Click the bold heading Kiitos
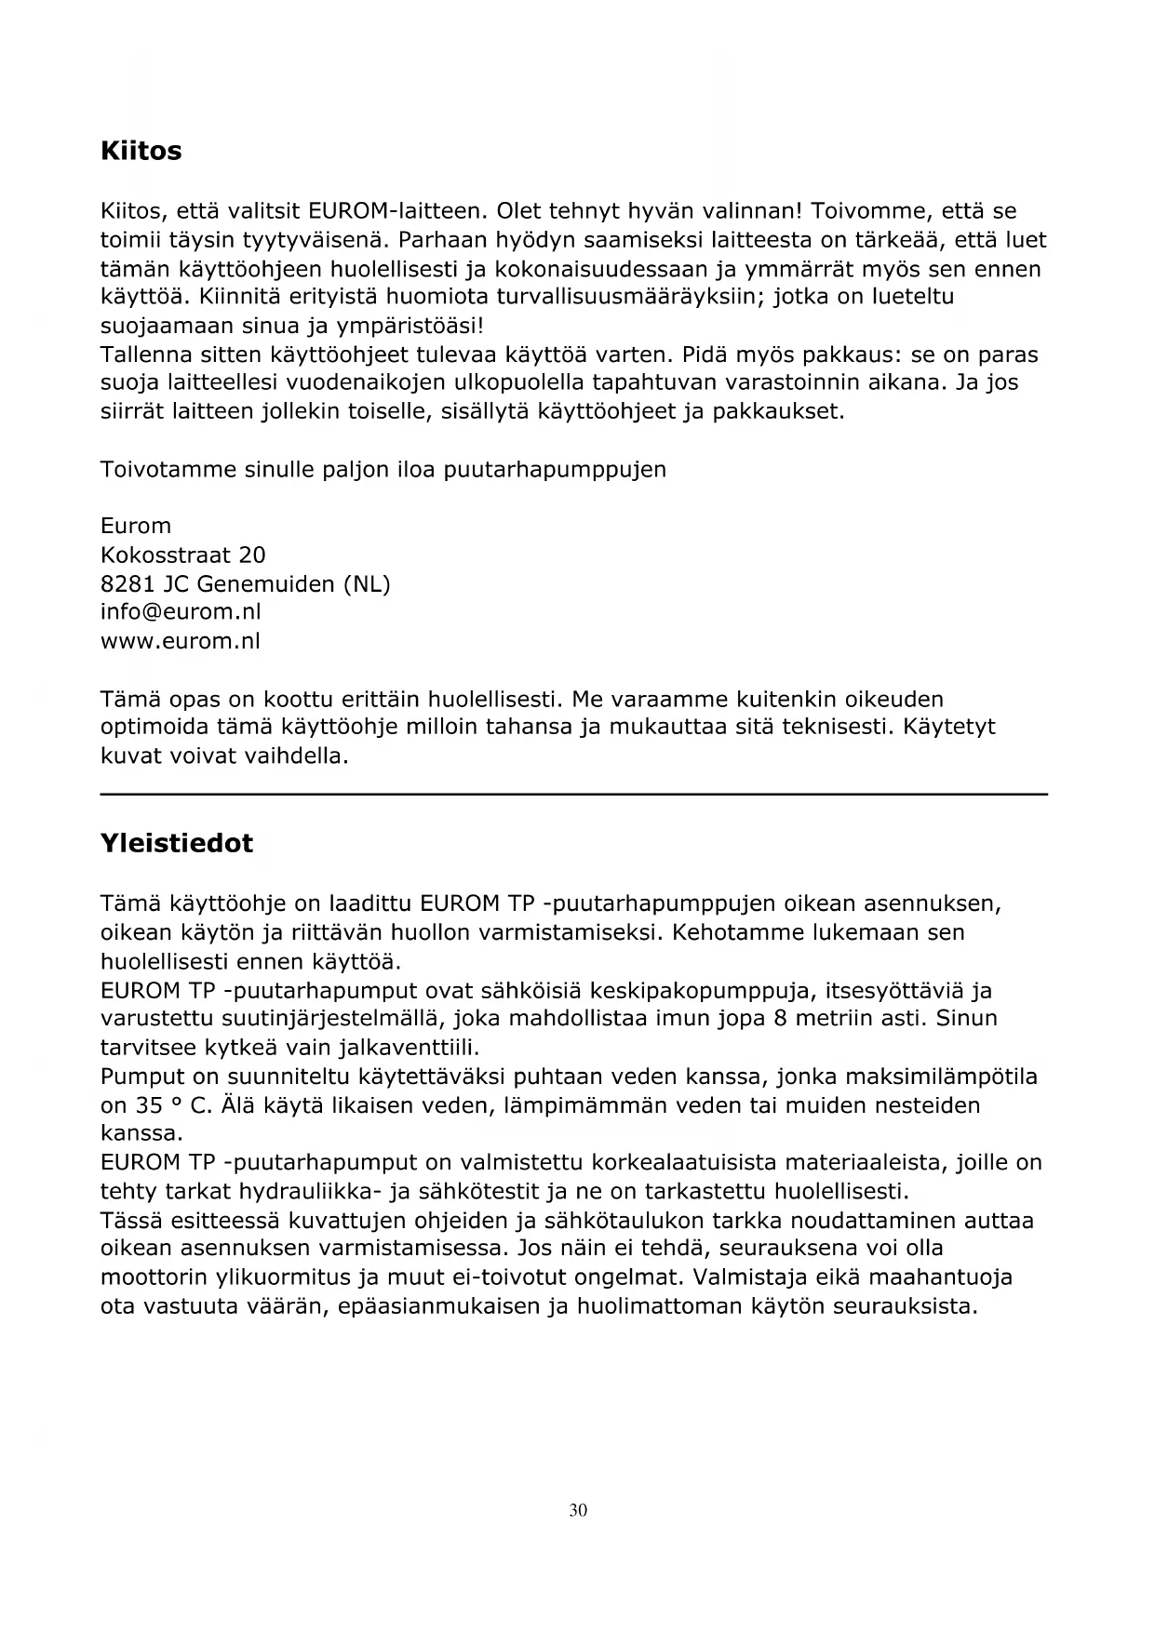[141, 151]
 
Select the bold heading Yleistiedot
[176, 843]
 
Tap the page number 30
[578, 1510]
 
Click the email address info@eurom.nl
[181, 612]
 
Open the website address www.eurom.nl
[180, 641]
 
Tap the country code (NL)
[367, 584]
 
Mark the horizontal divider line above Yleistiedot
[573, 794]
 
